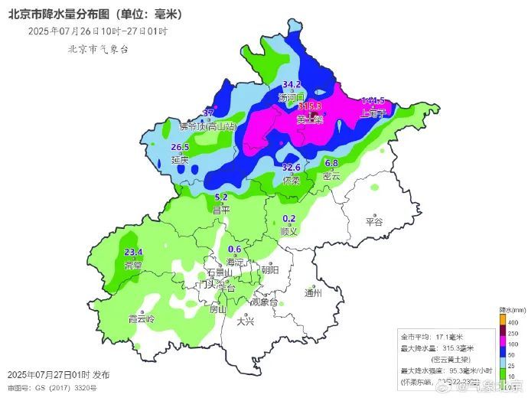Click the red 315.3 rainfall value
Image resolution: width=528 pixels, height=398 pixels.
pyautogui.click(x=309, y=106)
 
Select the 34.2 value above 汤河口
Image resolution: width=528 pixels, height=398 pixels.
pyautogui.click(x=292, y=84)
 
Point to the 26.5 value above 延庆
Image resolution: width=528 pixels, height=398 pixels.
pyautogui.click(x=180, y=147)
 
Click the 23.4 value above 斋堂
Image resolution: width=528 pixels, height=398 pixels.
pyautogui.click(x=133, y=252)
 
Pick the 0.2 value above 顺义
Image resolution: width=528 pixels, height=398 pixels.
pyautogui.click(x=288, y=218)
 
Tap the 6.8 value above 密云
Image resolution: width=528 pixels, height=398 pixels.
pyautogui.click(x=331, y=163)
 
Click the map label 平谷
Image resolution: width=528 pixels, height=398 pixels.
pyautogui.click(x=373, y=222)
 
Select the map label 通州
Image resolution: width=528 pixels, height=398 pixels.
pyautogui.click(x=313, y=292)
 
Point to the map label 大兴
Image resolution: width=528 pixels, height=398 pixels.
pyautogui.click(x=246, y=321)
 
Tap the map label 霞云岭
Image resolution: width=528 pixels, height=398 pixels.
pyautogui.click(x=142, y=318)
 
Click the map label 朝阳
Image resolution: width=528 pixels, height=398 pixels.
pyautogui.click(x=270, y=269)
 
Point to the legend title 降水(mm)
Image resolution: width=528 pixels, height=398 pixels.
pyautogui.click(x=510, y=309)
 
